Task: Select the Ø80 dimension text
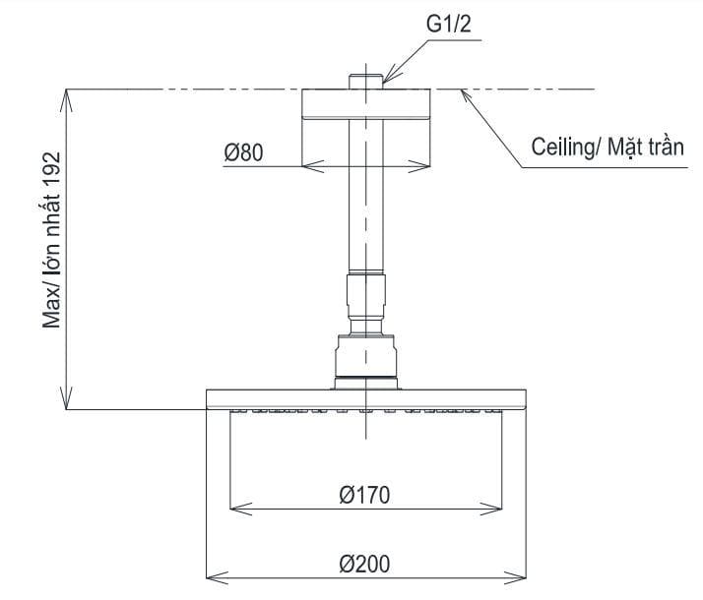click(x=244, y=152)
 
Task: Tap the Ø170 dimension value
click(x=364, y=495)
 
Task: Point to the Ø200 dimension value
click(x=364, y=564)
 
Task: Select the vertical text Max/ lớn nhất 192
click(x=53, y=240)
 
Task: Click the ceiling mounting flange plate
click(x=365, y=105)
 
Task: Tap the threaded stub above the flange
click(x=365, y=79)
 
